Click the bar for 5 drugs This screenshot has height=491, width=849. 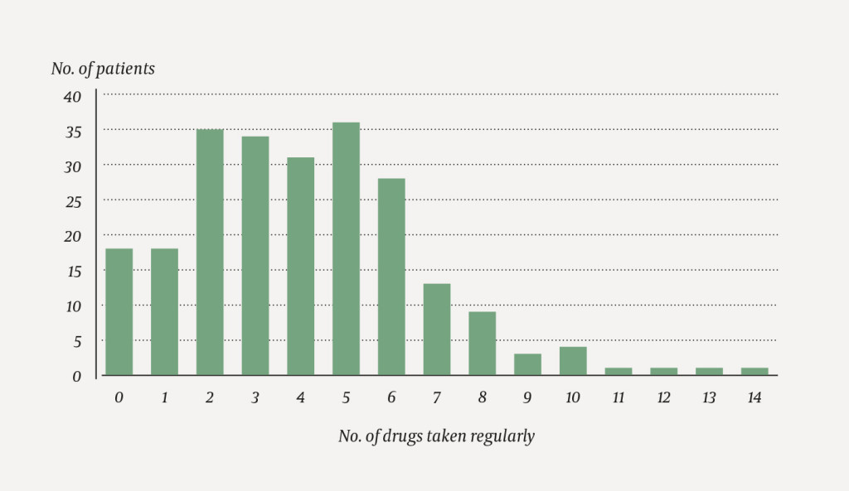pos(346,248)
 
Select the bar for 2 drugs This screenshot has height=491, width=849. pos(210,252)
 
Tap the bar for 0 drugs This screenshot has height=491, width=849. pos(119,311)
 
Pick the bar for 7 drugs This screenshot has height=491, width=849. pos(437,329)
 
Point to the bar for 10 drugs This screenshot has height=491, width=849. pos(573,360)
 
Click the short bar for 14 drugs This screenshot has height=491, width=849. pos(754,371)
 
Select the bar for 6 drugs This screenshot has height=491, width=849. pos(391,277)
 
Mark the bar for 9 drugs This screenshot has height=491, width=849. pos(527,364)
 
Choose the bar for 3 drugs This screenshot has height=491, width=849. pos(255,255)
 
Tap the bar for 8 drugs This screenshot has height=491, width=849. pos(482,343)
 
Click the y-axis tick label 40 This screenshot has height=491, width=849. pos(72,97)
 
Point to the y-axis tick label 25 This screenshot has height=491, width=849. pos(72,201)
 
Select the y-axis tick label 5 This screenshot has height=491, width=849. pos(76,341)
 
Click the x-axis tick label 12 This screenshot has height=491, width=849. pos(663,398)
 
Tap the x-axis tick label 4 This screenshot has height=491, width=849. pos(300,398)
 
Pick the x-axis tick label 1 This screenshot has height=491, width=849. pos(164,398)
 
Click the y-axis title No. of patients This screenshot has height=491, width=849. pos(103,69)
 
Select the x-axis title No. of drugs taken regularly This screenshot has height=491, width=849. pos(436,436)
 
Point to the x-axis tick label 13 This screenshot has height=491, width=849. pos(709,398)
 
